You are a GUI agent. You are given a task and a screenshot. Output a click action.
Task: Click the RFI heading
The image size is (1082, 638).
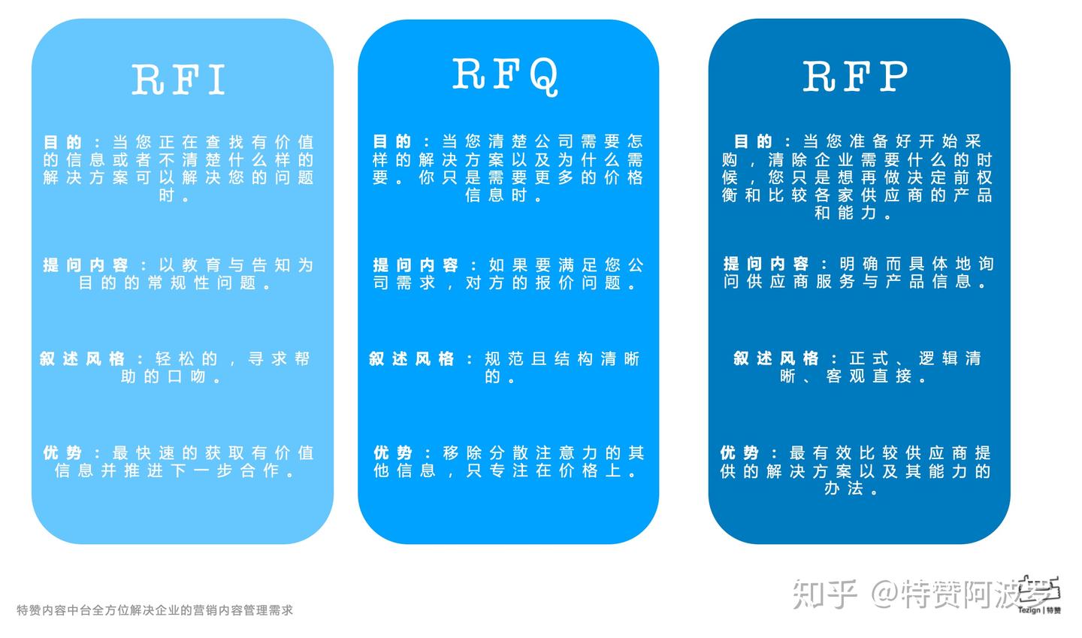[179, 79]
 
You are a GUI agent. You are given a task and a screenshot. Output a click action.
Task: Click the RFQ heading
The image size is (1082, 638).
[506, 75]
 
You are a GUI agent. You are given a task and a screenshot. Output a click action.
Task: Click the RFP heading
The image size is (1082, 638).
[855, 76]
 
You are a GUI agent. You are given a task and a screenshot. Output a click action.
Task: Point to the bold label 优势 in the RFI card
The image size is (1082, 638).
[62, 453]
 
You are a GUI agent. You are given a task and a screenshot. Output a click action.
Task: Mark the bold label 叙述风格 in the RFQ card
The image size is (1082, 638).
[412, 359]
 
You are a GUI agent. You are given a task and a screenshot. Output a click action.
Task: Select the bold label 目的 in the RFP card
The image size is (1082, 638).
[754, 141]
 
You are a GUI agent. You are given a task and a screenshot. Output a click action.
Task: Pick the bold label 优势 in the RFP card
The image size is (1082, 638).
[739, 453]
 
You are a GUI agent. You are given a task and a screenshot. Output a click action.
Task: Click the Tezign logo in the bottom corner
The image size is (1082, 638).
[1041, 596]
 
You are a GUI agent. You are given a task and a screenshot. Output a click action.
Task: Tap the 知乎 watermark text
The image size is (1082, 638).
[825, 595]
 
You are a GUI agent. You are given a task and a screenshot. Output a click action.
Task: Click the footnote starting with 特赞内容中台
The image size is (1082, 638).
[155, 610]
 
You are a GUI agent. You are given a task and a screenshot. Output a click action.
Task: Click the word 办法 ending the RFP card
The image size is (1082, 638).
[842, 488]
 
